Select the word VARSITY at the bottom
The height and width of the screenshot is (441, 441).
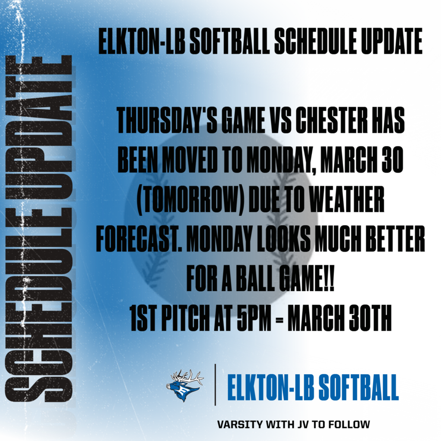[x=239, y=424]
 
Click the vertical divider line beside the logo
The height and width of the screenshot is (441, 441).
[x=215, y=385]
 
